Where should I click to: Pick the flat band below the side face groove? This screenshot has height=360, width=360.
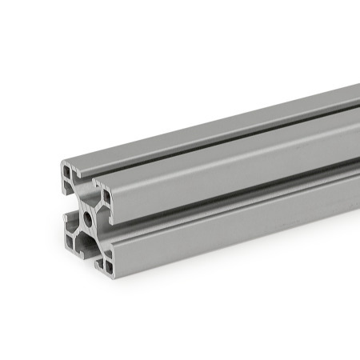240,206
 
